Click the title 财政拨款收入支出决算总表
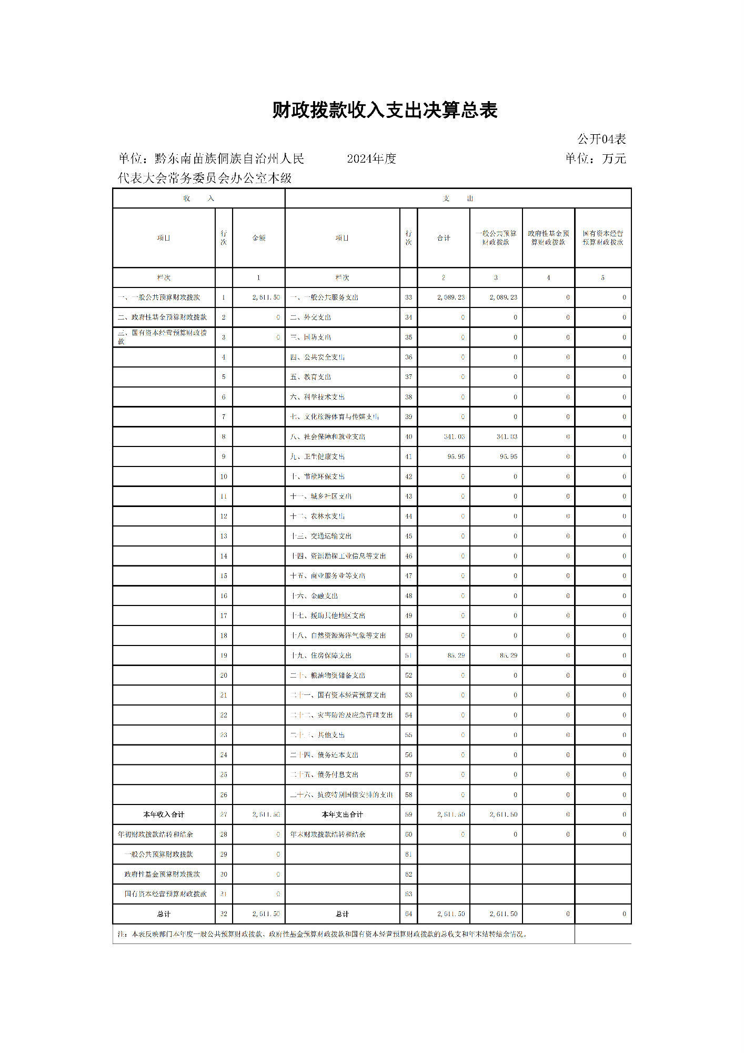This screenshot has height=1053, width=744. click(385, 110)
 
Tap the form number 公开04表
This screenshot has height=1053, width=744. click(601, 139)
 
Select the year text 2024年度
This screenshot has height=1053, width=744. click(371, 158)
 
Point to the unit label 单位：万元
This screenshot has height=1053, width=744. click(596, 158)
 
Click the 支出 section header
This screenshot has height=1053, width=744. click(458, 198)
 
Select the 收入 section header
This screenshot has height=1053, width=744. click(198, 198)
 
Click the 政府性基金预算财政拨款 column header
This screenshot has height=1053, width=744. click(548, 238)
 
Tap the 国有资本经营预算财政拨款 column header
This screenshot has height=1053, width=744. click(602, 238)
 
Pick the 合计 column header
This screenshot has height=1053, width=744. click(444, 238)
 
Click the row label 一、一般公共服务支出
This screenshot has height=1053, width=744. click(324, 297)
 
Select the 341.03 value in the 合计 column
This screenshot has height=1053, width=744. click(454, 436)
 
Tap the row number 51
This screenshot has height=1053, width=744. click(408, 655)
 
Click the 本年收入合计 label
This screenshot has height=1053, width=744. click(164, 814)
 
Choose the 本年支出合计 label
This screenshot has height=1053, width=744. click(342, 814)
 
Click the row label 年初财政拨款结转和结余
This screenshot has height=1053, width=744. click(155, 835)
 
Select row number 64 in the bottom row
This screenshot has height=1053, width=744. click(408, 914)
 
